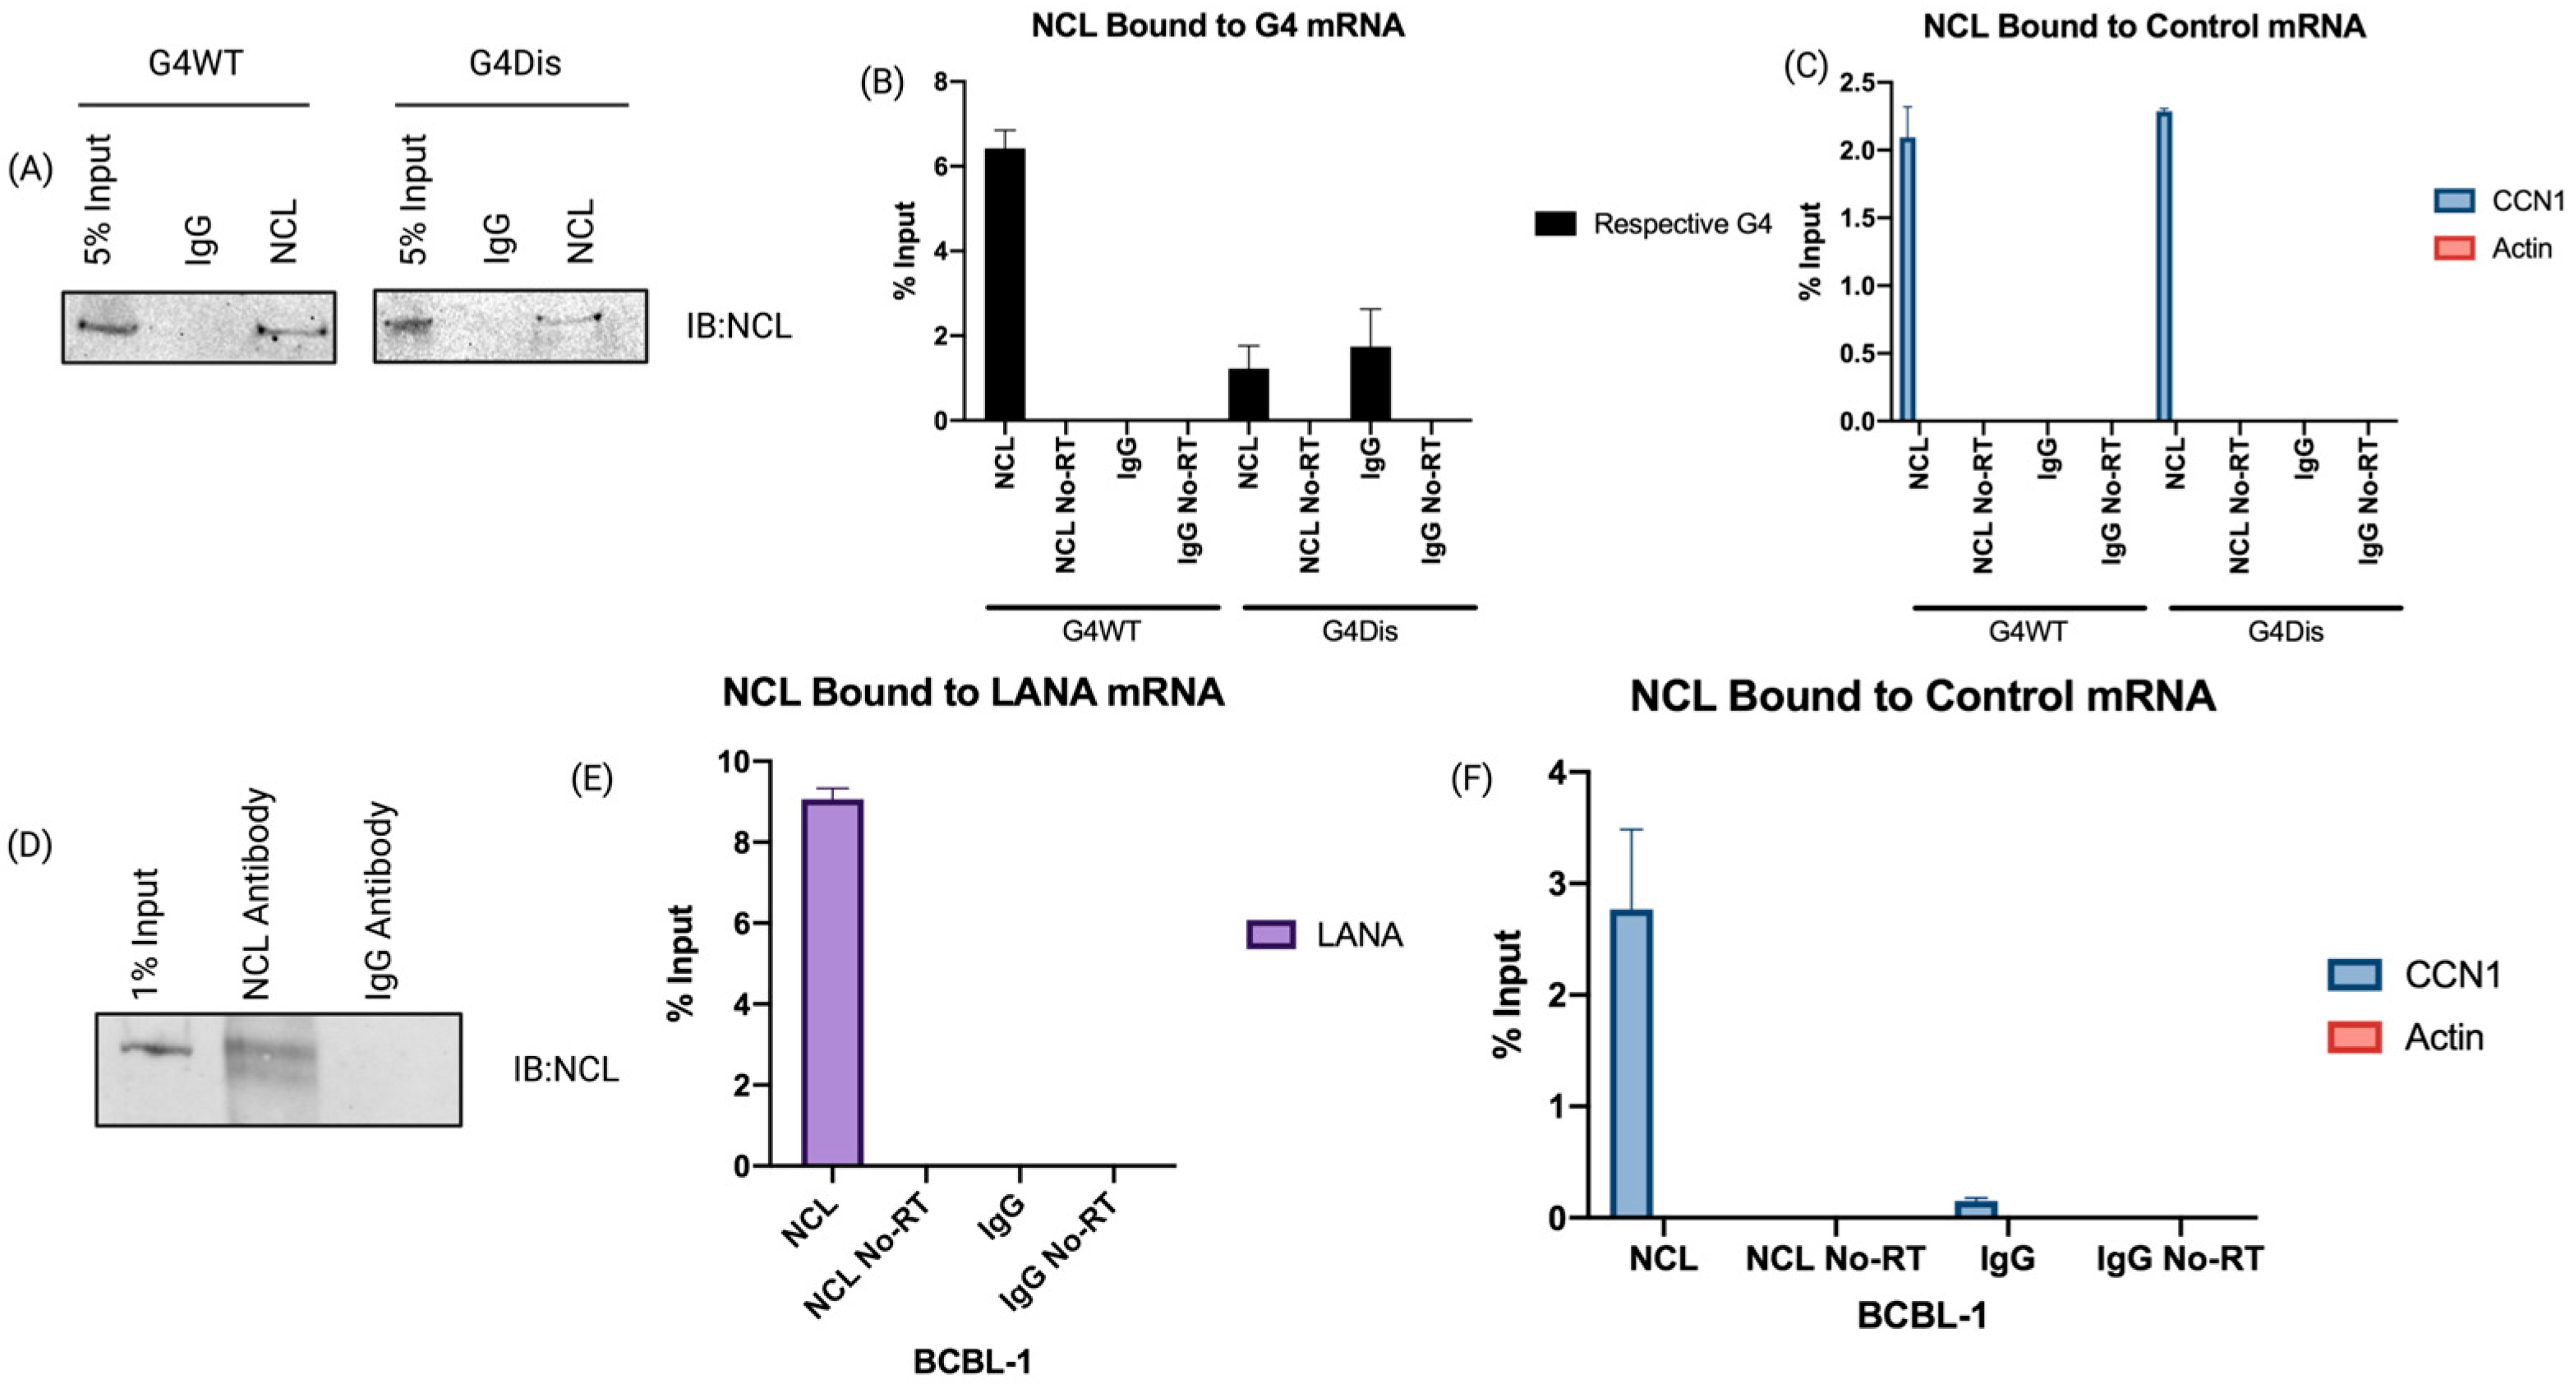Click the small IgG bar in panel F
(1975, 1209)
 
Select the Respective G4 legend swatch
(1554, 224)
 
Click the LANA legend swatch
(1271, 934)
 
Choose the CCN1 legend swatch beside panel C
(2453, 201)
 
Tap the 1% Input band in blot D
(156, 1048)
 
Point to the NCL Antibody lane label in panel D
(258, 893)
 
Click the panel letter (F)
(1471, 779)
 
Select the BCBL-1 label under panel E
(971, 1361)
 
